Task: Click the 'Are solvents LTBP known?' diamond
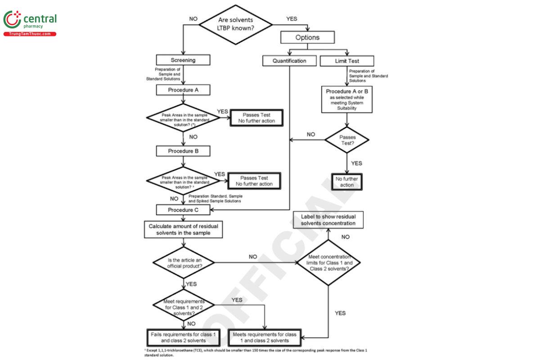[x=236, y=25]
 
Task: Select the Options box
[x=307, y=37]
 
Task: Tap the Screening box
[x=183, y=60]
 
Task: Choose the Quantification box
[x=289, y=60]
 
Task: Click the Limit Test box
[x=347, y=60]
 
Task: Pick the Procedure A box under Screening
[x=183, y=90]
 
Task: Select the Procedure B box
[x=183, y=151]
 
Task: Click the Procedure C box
[x=183, y=210]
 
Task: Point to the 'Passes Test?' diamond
[x=347, y=140]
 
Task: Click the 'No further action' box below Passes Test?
[x=347, y=182]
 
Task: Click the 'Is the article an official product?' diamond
[x=184, y=263]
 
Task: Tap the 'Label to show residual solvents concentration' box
[x=328, y=220]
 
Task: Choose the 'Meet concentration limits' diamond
[x=328, y=262]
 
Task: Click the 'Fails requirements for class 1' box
[x=183, y=337]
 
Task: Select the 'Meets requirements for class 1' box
[x=265, y=337]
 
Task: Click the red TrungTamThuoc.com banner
[x=30, y=34]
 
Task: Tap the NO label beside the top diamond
[x=193, y=19]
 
